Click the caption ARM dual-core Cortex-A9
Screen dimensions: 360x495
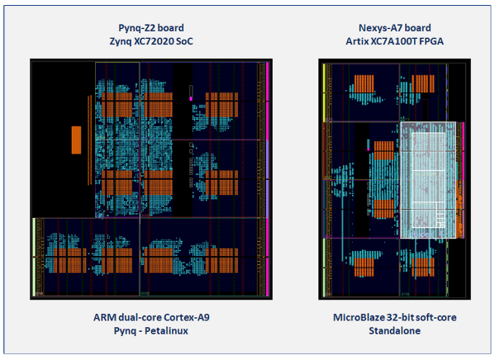pyautogui.click(x=150, y=317)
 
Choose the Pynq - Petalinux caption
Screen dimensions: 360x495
pyautogui.click(x=150, y=330)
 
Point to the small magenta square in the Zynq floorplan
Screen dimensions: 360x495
pyautogui.click(x=192, y=98)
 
